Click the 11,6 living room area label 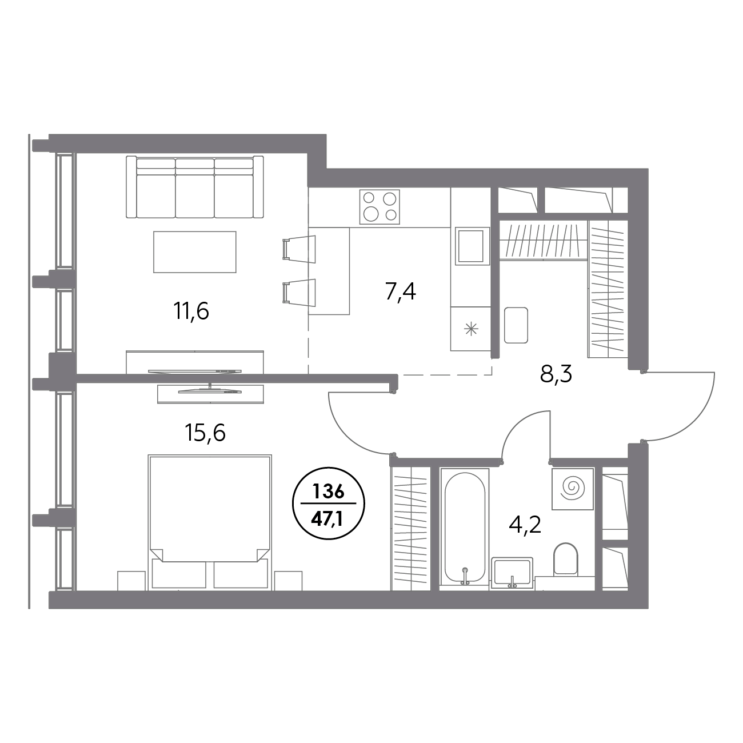[191, 311]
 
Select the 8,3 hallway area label [556, 374]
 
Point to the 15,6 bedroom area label [205, 432]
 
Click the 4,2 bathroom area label [525, 525]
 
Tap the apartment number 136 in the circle [328, 492]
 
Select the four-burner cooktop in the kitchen [380, 207]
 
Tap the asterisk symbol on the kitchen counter [471, 329]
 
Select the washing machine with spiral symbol [572, 489]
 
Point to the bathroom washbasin [513, 573]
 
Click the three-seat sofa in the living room [195, 187]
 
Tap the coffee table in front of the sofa [195, 252]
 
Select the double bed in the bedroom [210, 522]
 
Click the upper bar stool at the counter [299, 249]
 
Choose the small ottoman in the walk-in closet [516, 325]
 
